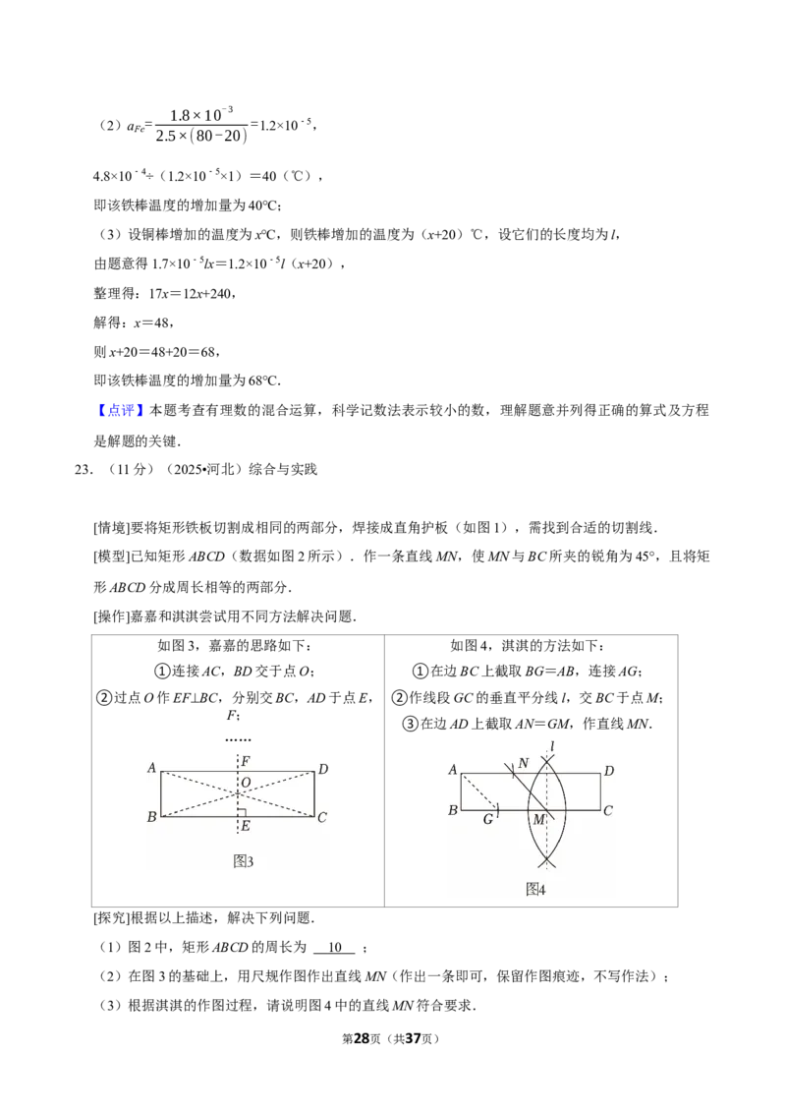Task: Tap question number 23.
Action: point(83,469)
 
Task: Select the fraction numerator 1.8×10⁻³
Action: point(200,114)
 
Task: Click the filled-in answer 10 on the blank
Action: point(336,947)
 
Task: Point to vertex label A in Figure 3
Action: point(151,767)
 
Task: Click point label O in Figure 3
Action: point(247,783)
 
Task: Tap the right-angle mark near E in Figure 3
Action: point(242,812)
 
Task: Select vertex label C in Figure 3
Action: point(322,817)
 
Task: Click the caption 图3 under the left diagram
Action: point(243,861)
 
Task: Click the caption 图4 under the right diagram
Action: point(535,890)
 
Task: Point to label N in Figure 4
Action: point(524,763)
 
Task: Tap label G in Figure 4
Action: point(488,819)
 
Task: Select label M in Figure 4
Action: point(539,819)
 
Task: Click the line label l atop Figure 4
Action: point(551,746)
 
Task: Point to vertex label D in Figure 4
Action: point(608,770)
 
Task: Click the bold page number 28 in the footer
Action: point(362,1038)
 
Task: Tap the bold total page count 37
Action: point(413,1038)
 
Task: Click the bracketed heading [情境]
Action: point(112,527)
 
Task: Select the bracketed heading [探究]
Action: point(112,917)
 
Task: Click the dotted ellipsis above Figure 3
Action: point(239,739)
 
